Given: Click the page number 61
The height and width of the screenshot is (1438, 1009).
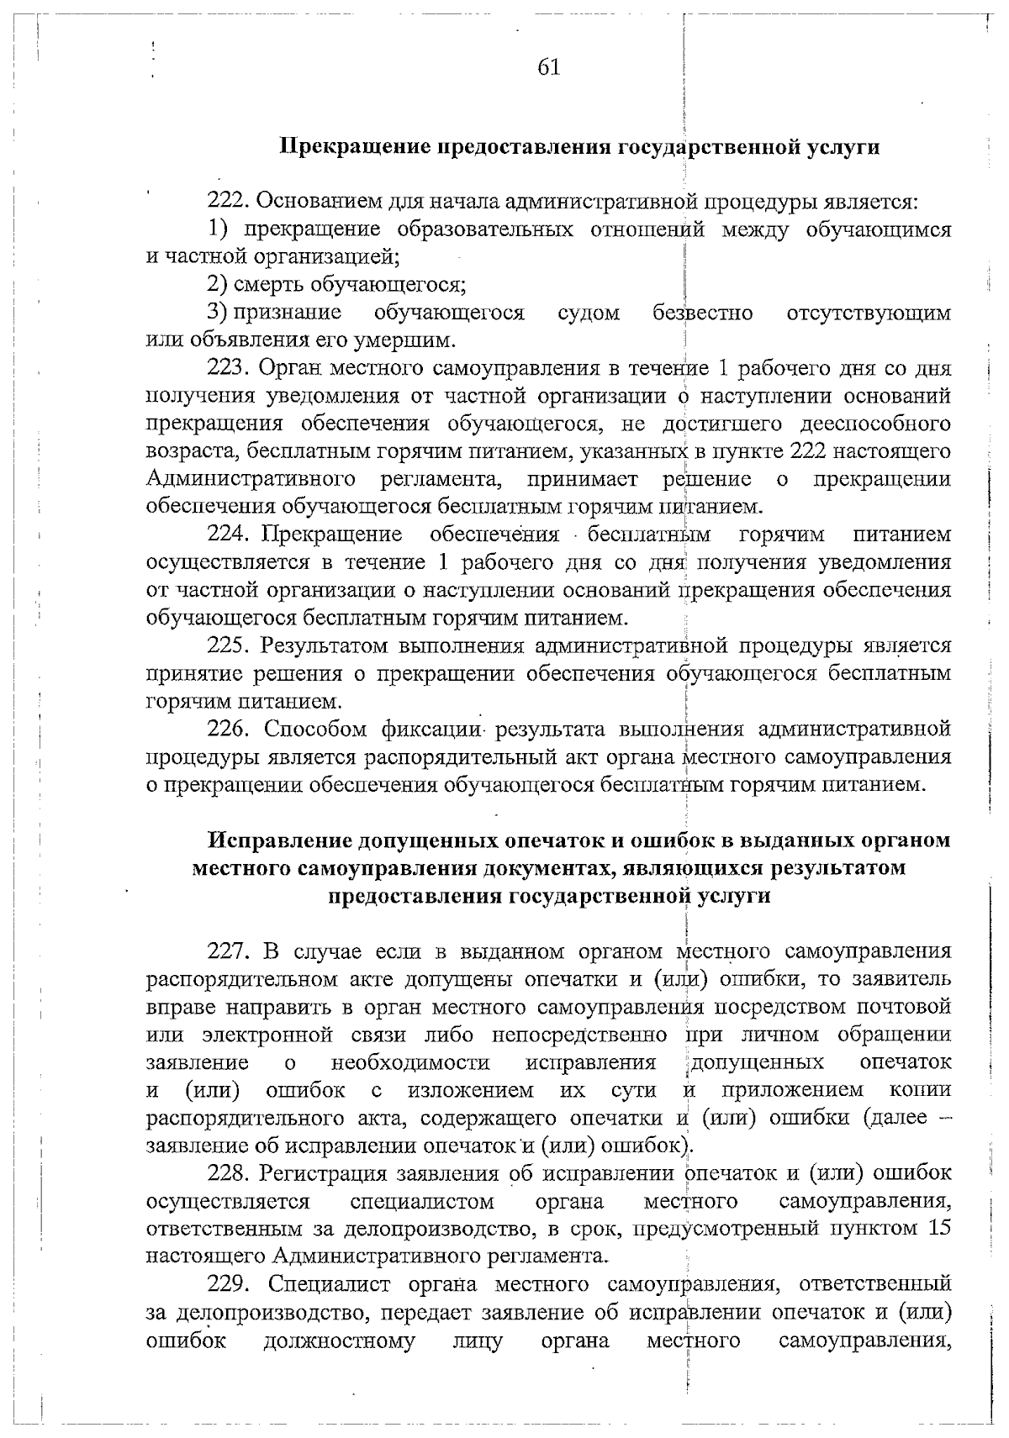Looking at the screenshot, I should pyautogui.click(x=548, y=68).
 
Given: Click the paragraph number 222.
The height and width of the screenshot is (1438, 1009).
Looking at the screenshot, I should pyautogui.click(x=228, y=202).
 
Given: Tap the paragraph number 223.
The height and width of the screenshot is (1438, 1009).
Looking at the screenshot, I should pyautogui.click(x=228, y=368).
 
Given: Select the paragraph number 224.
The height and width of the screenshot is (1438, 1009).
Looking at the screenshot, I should pyautogui.click(x=228, y=535).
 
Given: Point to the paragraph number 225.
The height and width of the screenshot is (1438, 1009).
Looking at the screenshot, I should pyautogui.click(x=228, y=645).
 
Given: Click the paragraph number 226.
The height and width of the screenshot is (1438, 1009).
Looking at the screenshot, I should pyautogui.click(x=228, y=728).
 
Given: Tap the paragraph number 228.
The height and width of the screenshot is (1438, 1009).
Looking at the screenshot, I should pyautogui.click(x=228, y=1172).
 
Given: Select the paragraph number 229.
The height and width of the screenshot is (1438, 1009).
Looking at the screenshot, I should pyautogui.click(x=228, y=1283).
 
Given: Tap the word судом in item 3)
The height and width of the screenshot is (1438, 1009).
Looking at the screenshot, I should pyautogui.click(x=589, y=313).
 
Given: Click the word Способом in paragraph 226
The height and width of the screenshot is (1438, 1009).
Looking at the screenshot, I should pyautogui.click(x=312, y=728).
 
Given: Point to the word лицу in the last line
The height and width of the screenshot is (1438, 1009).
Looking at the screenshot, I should pyautogui.click(x=478, y=1340).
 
